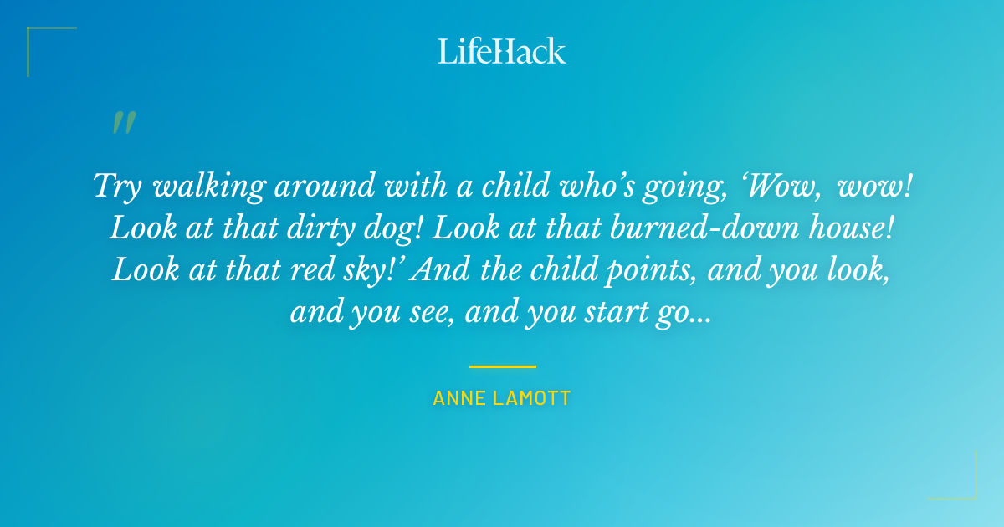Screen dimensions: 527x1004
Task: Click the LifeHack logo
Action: click(x=502, y=51)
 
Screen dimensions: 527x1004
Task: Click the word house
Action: click(x=850, y=228)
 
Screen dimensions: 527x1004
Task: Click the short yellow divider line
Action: click(x=502, y=366)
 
